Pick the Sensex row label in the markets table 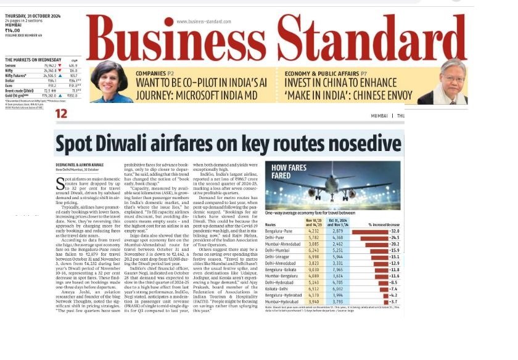13,65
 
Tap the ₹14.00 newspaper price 13,30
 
